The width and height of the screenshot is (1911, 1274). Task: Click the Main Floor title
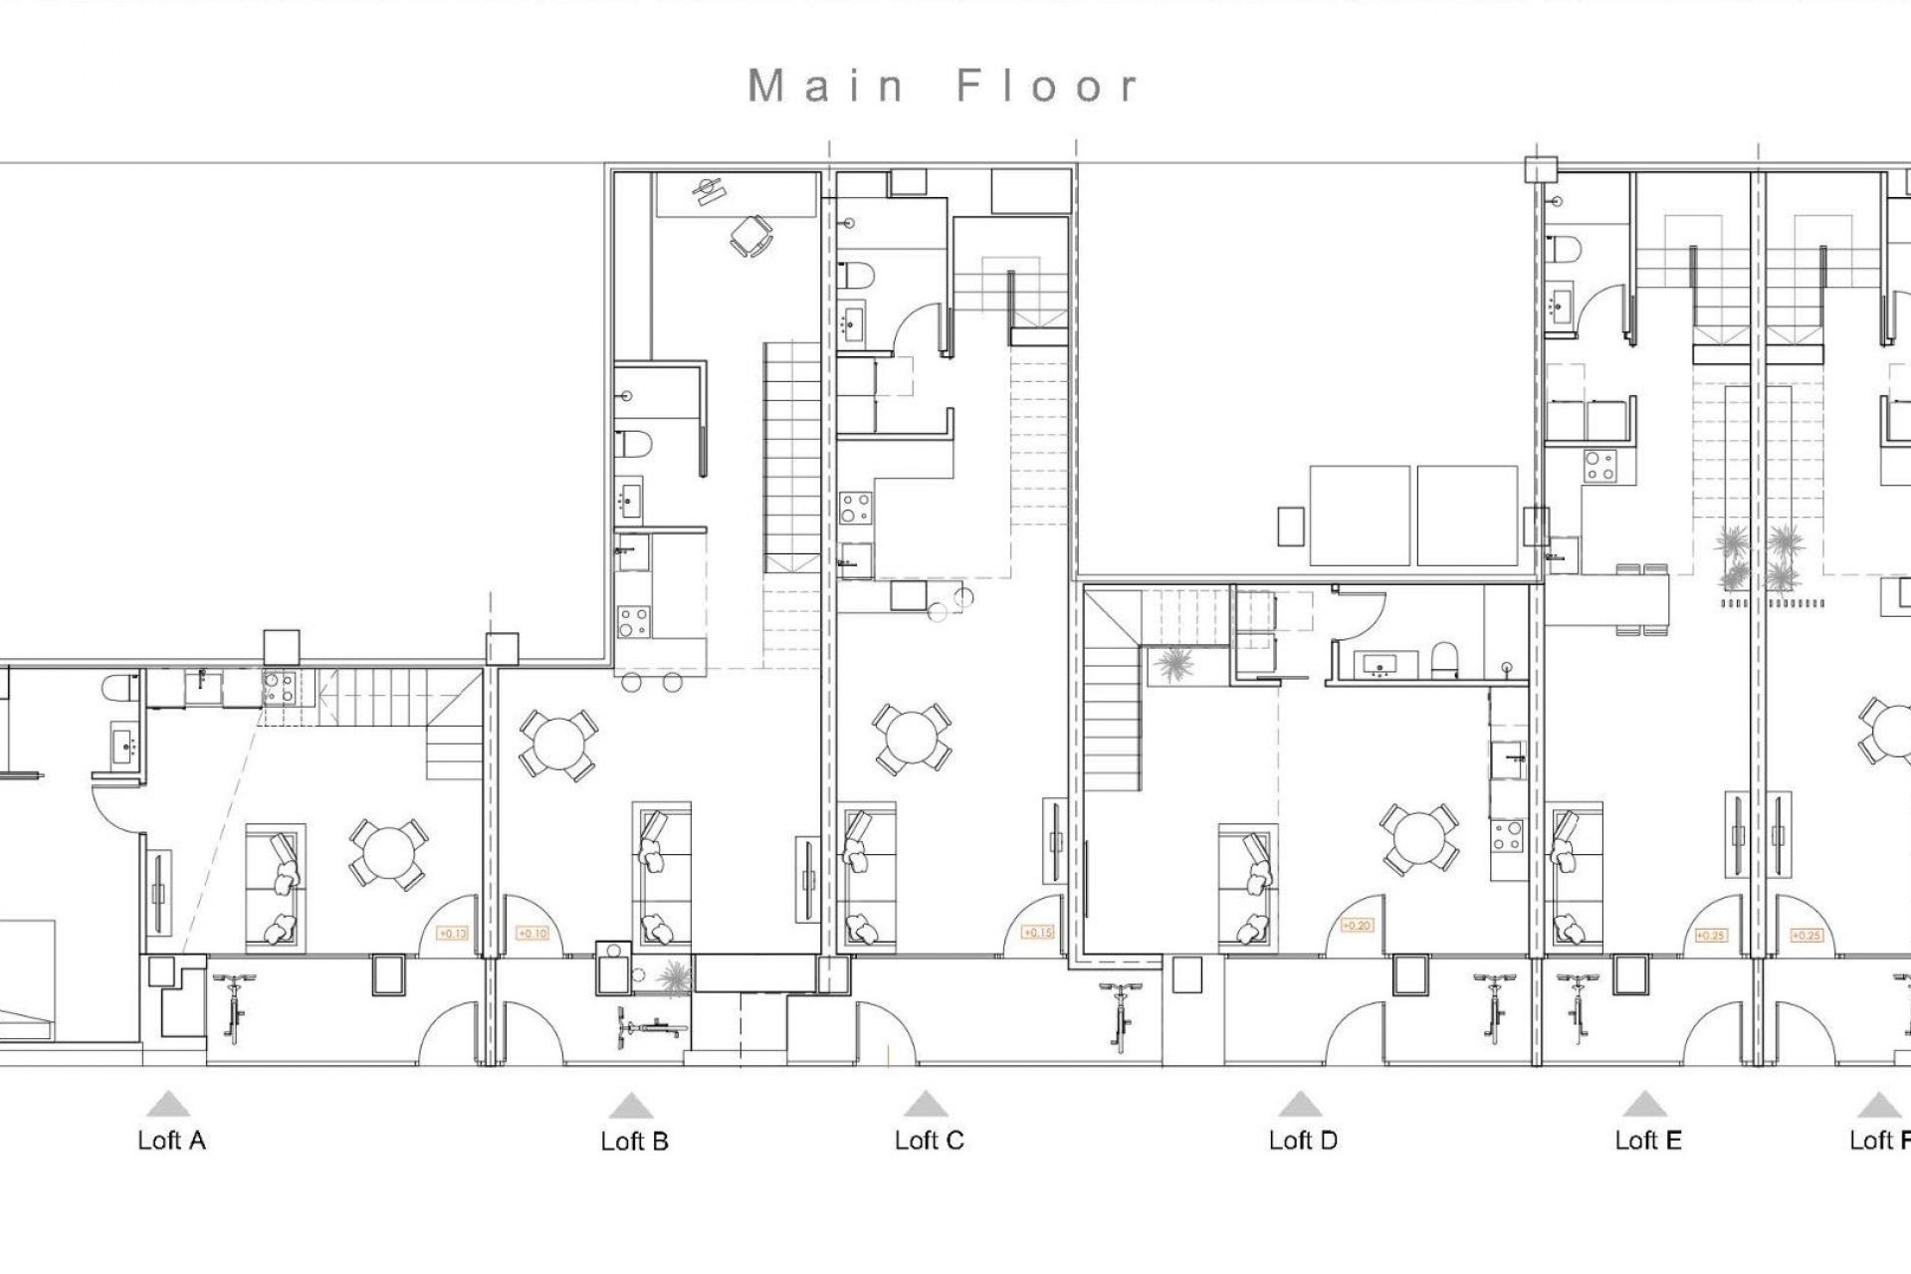click(x=943, y=87)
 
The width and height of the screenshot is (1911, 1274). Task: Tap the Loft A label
click(x=172, y=1141)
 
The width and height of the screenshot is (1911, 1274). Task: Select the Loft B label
click(x=634, y=1142)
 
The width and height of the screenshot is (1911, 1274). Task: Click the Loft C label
click(x=929, y=1141)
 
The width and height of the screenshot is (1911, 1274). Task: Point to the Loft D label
click(x=1302, y=1141)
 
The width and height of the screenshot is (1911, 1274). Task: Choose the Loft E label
click(x=1648, y=1141)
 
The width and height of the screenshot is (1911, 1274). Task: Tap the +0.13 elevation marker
click(x=453, y=934)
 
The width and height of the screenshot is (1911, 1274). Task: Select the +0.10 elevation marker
click(x=533, y=934)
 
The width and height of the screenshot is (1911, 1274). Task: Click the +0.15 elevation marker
click(x=1038, y=933)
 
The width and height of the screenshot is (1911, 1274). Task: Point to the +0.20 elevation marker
click(x=1357, y=926)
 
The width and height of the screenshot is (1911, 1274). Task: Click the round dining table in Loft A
click(x=387, y=854)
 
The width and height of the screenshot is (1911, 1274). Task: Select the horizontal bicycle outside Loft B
click(x=649, y=1026)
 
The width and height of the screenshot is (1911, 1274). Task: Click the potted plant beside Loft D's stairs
click(x=1174, y=664)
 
